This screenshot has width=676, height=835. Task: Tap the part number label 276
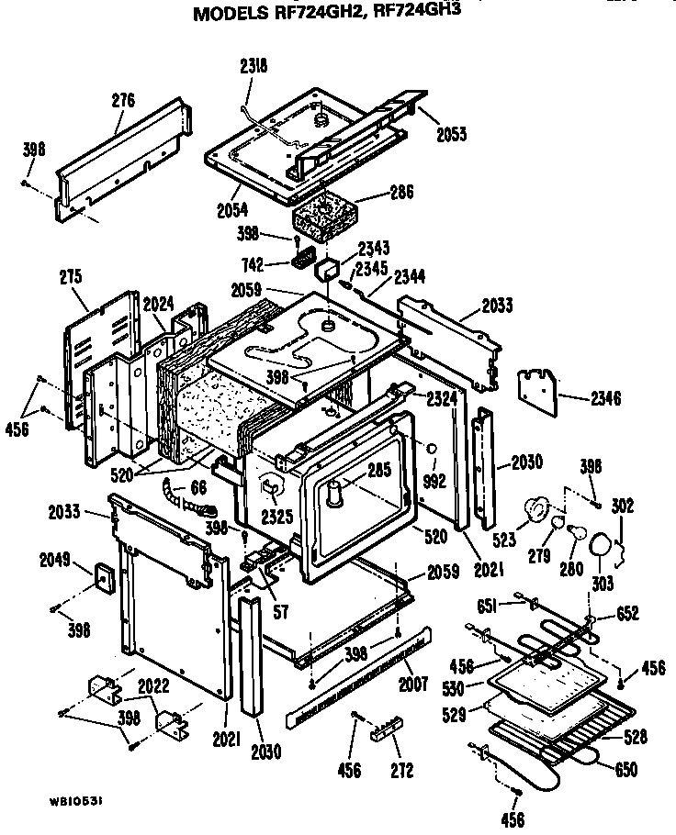[x=123, y=101]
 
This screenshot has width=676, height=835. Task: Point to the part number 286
[x=402, y=193]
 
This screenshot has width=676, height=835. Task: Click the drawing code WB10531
[x=76, y=800]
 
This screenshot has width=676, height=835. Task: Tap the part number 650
[x=626, y=770]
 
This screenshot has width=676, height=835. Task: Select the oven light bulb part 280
[x=575, y=531]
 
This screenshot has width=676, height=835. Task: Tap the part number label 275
[x=70, y=276]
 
